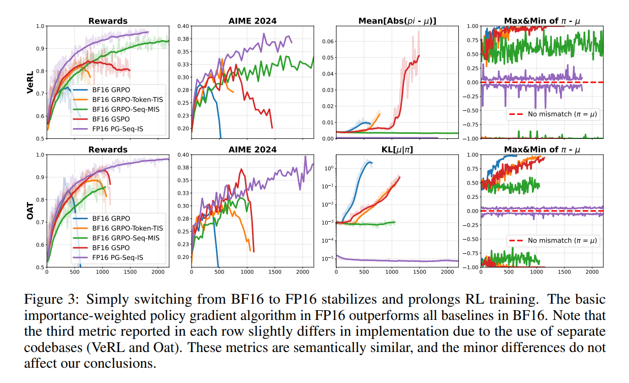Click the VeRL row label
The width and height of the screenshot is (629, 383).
[30, 82]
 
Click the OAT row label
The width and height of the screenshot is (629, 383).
[30, 211]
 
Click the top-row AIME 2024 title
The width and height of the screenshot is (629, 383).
[252, 21]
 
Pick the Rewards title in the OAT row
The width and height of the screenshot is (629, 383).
[108, 150]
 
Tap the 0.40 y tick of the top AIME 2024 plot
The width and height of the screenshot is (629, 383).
[183, 26]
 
